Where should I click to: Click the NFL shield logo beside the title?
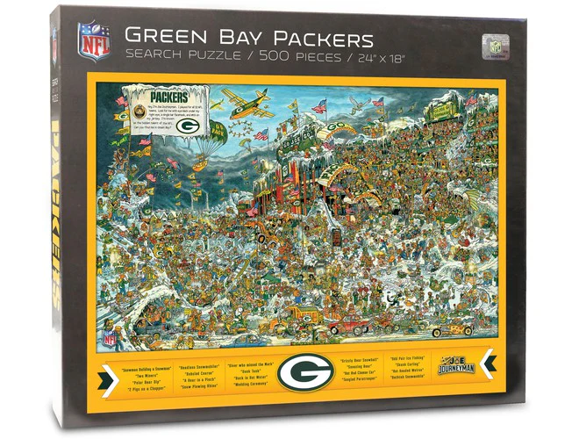[x=95, y=40]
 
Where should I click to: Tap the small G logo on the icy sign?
[x=186, y=125]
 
